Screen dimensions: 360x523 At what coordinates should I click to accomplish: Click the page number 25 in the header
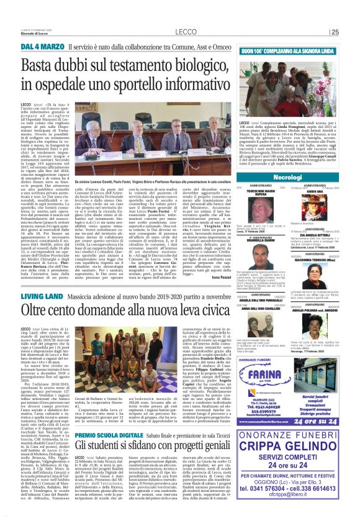click(352, 32)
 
